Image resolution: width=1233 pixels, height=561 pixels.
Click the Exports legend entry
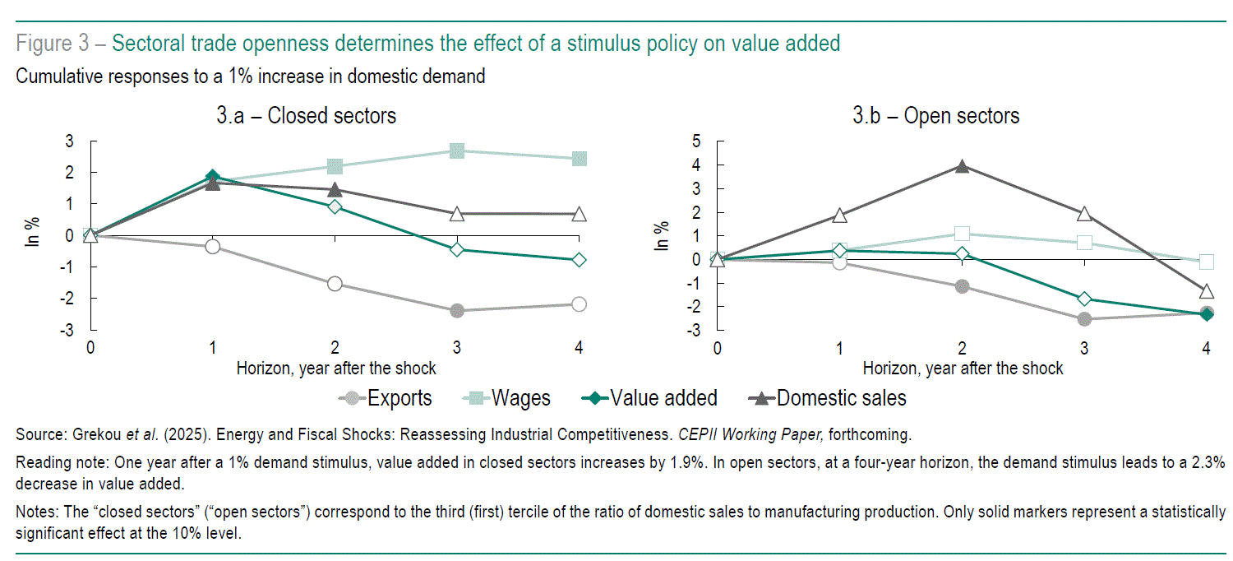(385, 399)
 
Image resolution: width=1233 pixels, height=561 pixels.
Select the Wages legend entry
(509, 399)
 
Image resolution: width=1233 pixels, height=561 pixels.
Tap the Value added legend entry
(649, 399)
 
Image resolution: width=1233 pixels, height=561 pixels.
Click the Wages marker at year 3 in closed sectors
(457, 151)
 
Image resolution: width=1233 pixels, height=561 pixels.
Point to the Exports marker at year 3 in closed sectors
(457, 311)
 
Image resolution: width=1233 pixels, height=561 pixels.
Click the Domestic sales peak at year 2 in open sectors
(962, 166)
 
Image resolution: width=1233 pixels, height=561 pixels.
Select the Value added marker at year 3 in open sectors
(1084, 299)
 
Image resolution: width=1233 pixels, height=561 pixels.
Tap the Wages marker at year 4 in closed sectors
(579, 159)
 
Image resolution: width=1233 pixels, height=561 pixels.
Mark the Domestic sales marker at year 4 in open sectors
(1206, 291)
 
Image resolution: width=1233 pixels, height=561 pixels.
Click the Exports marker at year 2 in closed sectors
(335, 284)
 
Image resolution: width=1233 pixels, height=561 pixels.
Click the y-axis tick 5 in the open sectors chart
(695, 141)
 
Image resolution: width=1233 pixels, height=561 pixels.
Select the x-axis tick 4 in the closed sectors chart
(579, 348)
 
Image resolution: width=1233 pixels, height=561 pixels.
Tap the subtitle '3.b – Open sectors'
(935, 116)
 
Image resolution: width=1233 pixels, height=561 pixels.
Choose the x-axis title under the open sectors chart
(963, 369)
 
